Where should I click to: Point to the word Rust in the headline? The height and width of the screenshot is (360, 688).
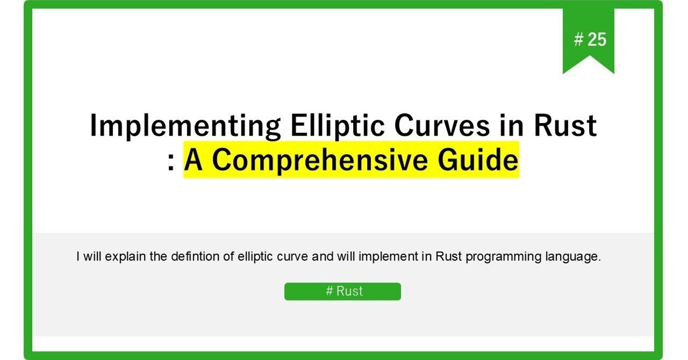pyautogui.click(x=564, y=127)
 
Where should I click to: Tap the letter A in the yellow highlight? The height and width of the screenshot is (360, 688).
pyautogui.click(x=195, y=160)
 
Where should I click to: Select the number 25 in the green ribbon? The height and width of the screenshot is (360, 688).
pyautogui.click(x=597, y=39)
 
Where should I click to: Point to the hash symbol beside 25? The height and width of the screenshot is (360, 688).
pyautogui.click(x=578, y=39)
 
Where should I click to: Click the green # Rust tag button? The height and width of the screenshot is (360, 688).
pyautogui.click(x=342, y=291)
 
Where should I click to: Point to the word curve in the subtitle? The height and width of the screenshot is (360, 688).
pyautogui.click(x=294, y=257)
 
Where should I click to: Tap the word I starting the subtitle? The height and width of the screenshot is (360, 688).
pyautogui.click(x=78, y=257)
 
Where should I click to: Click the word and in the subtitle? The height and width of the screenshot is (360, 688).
pyautogui.click(x=322, y=257)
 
